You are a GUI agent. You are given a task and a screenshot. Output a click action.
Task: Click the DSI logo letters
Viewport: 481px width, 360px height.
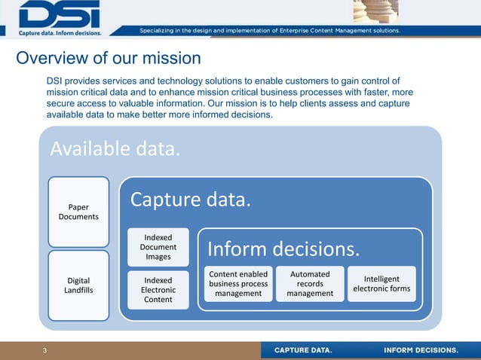[x=60, y=14]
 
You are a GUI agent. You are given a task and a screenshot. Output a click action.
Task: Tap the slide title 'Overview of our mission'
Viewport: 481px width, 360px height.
[x=109, y=58]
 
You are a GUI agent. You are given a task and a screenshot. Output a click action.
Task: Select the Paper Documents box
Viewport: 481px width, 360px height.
[x=78, y=212]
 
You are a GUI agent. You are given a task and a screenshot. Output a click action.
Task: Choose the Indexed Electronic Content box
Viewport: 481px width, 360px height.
[x=158, y=290]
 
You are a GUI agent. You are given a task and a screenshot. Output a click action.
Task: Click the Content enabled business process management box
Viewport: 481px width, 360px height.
[x=238, y=284]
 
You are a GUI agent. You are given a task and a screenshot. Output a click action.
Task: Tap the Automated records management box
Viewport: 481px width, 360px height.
[x=310, y=284]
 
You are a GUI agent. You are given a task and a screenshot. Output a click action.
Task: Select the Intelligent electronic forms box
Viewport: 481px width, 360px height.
[x=381, y=284]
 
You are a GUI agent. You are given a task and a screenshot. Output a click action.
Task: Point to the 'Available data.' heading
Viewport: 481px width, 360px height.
[x=115, y=149]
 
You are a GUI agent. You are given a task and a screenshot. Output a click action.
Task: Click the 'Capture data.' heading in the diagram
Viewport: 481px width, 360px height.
[x=189, y=200]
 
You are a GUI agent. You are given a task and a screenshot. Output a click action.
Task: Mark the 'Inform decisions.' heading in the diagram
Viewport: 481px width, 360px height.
[x=283, y=249]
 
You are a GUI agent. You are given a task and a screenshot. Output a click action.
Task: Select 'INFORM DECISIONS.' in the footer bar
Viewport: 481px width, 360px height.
[x=421, y=350]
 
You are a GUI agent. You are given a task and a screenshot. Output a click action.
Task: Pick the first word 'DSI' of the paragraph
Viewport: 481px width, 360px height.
[x=55, y=81]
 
